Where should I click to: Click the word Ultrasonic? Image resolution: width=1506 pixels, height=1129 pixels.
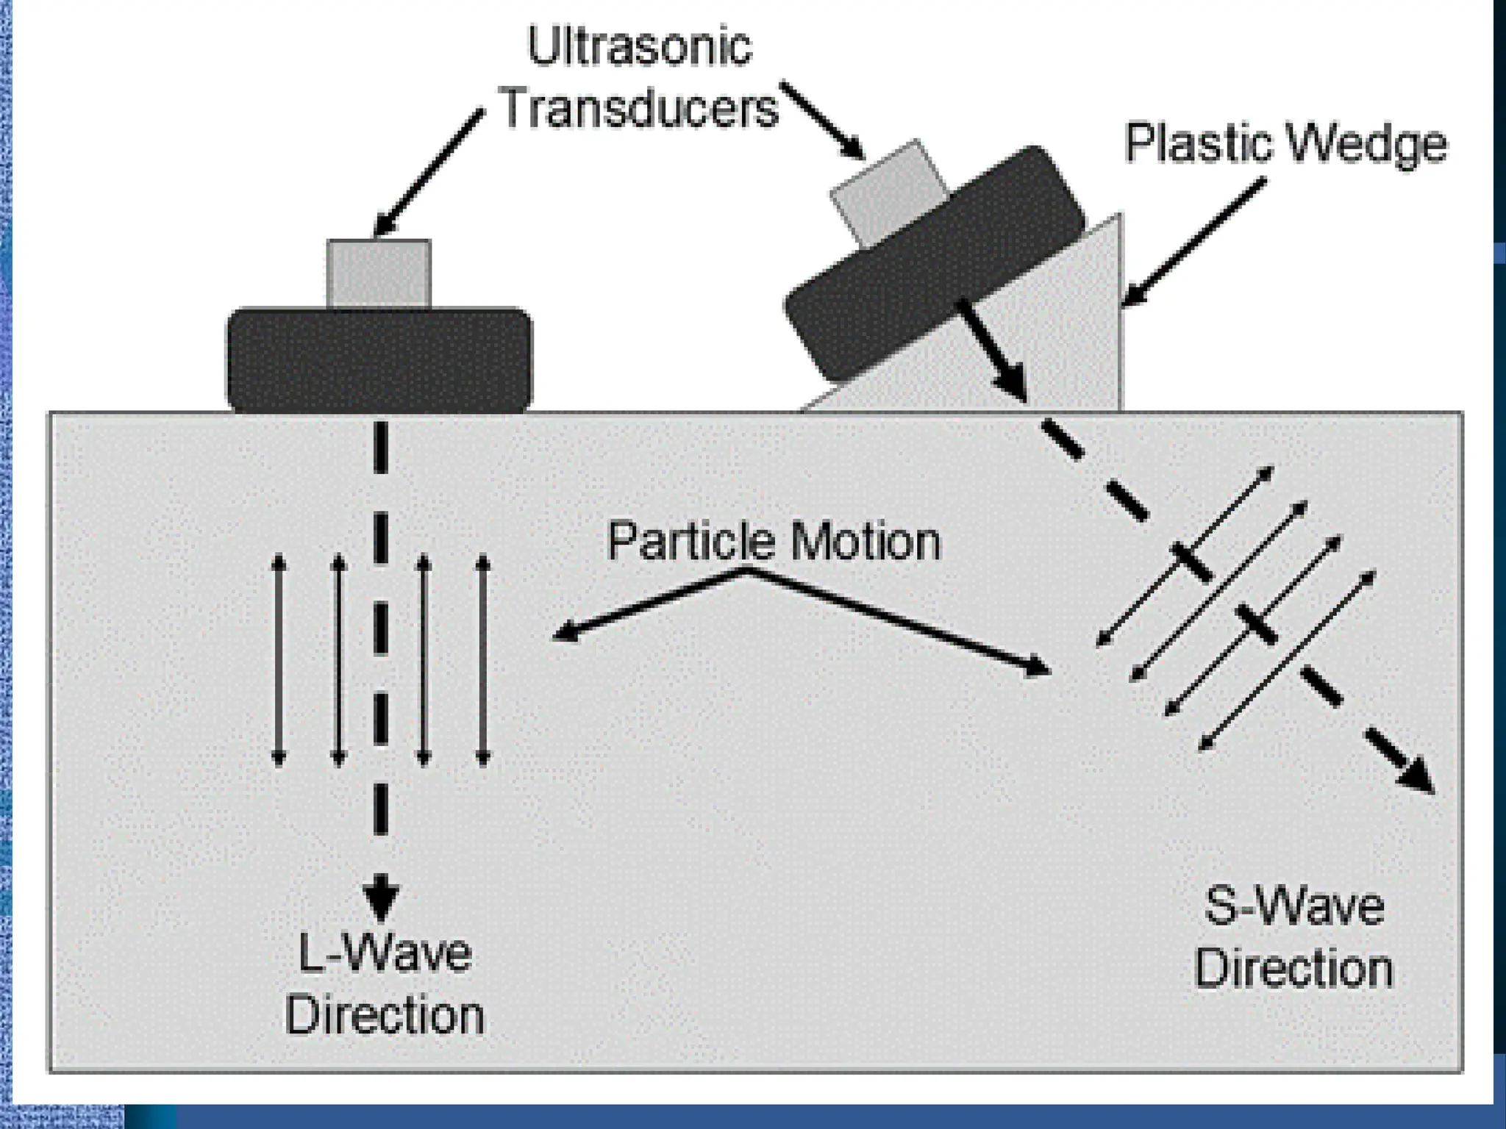point(640,47)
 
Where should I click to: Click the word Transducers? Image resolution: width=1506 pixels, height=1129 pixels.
point(638,109)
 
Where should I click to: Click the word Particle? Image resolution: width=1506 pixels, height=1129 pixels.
point(690,542)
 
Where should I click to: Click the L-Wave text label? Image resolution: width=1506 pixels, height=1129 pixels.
point(385,953)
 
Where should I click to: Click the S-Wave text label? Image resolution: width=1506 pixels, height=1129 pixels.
point(1293,906)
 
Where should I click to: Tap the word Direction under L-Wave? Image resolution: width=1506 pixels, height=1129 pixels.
point(385,1016)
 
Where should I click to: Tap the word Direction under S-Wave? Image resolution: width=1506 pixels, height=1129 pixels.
point(1293,969)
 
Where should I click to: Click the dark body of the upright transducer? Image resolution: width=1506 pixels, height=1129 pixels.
point(379,360)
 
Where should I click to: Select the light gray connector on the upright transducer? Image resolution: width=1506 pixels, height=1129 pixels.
point(379,273)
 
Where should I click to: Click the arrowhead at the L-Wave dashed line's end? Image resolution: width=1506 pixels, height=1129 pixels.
point(380,898)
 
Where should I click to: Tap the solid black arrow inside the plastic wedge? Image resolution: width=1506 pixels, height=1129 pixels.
point(993,349)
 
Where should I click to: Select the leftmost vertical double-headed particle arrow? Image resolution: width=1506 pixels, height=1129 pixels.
point(278,661)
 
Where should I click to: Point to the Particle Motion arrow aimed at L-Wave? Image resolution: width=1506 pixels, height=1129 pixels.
point(647,604)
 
